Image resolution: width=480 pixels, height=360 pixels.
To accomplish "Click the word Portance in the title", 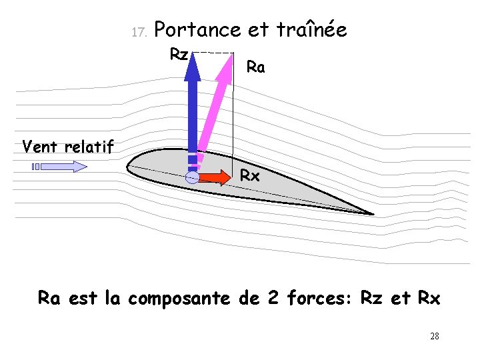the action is click(x=201, y=30).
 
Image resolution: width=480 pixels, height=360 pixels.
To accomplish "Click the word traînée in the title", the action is click(x=311, y=30).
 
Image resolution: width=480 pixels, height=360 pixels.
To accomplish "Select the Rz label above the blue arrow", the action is click(x=179, y=54).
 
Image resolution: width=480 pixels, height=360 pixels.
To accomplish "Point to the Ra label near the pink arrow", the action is click(x=255, y=67).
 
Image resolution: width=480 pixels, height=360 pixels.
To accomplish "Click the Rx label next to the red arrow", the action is click(x=250, y=177).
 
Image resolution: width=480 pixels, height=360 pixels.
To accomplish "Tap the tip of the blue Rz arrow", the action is click(x=193, y=53).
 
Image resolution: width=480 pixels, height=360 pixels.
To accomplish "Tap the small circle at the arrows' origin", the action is click(x=192, y=177).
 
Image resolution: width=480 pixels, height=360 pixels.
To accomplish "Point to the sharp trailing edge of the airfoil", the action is click(x=372, y=214).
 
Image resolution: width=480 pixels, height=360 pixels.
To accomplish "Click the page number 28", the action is click(x=435, y=336).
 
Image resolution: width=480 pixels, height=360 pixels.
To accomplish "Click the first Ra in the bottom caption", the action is click(x=49, y=298).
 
